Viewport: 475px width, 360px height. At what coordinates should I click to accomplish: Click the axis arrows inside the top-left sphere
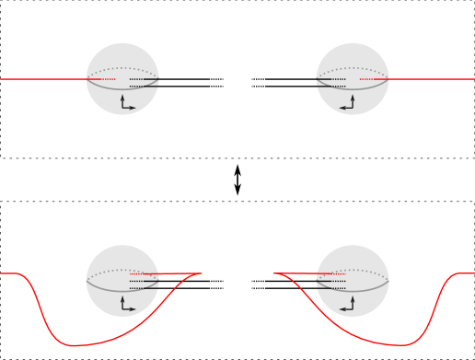pyautogui.click(x=126, y=103)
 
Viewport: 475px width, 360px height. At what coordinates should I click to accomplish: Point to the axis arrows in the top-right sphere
pyautogui.click(x=348, y=103)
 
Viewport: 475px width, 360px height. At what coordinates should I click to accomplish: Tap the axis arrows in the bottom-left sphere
pyautogui.click(x=126, y=305)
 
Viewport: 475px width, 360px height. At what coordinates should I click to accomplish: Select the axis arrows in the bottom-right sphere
pyautogui.click(x=348, y=305)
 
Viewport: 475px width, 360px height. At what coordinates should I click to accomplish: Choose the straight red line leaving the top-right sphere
pyautogui.click(x=433, y=79)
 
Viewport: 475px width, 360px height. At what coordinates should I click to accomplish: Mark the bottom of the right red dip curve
pyautogui.click(x=402, y=345)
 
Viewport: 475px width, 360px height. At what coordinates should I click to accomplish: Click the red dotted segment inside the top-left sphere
pyautogui.click(x=102, y=79)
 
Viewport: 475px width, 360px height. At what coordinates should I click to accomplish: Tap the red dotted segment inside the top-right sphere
pyautogui.click(x=373, y=79)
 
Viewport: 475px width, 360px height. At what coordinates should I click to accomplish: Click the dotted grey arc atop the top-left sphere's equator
pyautogui.click(x=122, y=68)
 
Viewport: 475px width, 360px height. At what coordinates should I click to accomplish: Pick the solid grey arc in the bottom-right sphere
pyautogui.click(x=353, y=292)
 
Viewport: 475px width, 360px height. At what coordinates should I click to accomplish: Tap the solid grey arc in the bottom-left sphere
pyautogui.click(x=122, y=292)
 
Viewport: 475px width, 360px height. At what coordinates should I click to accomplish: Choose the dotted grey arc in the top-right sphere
pyautogui.click(x=353, y=68)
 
